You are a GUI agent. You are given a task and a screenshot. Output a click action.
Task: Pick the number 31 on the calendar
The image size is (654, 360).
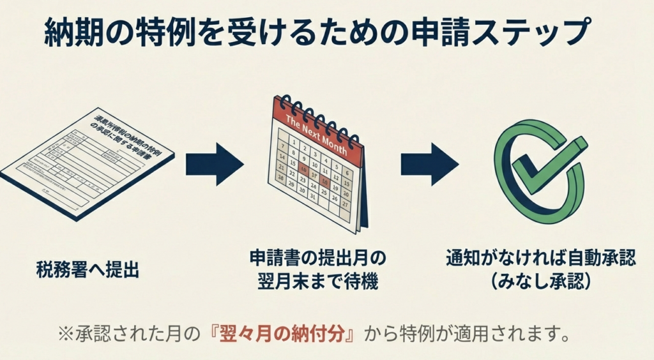(x=312, y=197)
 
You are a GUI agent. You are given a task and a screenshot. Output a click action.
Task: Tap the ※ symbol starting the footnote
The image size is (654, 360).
(x=66, y=333)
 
